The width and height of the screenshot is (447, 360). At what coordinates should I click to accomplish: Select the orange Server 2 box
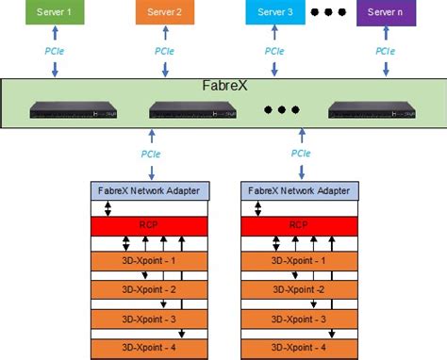165,14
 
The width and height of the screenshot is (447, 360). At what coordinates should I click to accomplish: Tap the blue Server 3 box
275,14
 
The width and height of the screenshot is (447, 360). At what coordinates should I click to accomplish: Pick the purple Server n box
386,14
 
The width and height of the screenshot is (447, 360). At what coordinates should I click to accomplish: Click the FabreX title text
225,86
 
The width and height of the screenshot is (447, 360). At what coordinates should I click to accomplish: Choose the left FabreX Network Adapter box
150,190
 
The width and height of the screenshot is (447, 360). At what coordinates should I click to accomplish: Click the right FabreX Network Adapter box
301,190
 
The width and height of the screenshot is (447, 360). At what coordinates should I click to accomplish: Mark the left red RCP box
150,226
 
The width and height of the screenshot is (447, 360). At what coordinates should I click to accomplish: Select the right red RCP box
301,226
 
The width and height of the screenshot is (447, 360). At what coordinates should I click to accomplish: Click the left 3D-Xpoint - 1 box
150,260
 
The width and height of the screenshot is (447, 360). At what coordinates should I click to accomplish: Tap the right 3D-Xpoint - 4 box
301,348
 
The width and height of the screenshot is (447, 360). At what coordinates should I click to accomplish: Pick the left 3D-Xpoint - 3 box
150,319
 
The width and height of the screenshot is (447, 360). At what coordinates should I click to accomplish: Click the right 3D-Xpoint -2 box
301,289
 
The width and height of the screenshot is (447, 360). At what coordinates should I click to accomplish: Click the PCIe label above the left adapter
150,154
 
